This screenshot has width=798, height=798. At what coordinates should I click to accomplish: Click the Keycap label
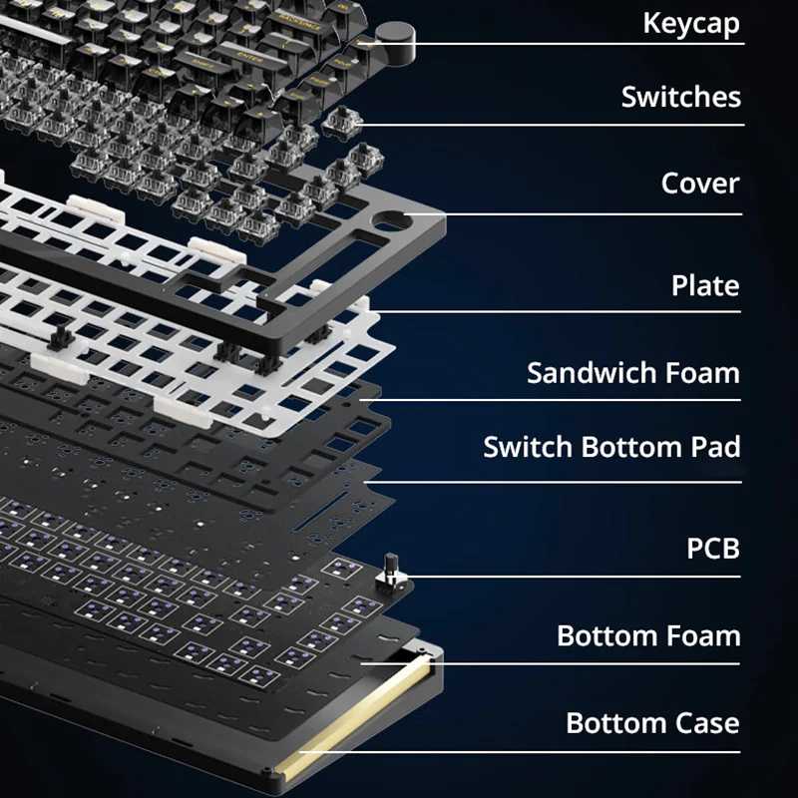691,23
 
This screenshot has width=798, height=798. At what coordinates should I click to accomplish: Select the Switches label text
681,96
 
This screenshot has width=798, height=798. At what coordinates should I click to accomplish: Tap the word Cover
700,184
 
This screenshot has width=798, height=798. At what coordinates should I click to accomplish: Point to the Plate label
705,285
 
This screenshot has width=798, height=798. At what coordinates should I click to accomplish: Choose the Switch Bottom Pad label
611,447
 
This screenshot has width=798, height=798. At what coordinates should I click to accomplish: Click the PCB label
713,549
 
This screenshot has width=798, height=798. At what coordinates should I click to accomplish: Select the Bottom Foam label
648,636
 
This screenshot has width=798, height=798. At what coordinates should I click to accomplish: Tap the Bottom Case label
652,723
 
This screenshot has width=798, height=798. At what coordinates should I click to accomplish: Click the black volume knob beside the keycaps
395,43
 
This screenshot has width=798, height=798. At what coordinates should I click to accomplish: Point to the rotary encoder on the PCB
391,574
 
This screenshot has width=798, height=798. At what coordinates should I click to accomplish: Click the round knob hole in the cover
392,220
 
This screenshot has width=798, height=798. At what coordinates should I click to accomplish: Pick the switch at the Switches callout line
342,124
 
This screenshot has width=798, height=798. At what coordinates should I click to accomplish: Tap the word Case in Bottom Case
706,723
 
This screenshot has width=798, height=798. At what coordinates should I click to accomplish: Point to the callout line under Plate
554,311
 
